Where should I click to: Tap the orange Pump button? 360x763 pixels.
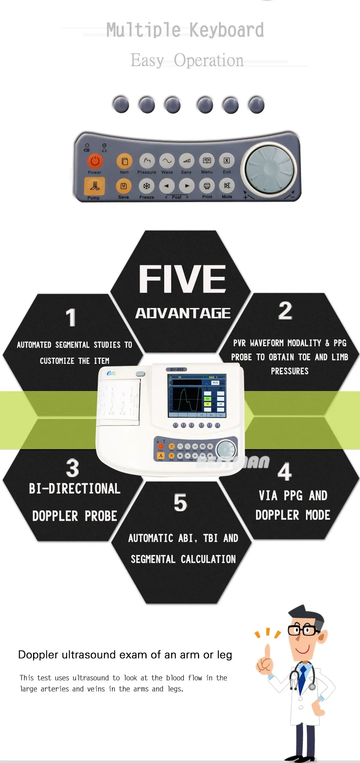[94, 186]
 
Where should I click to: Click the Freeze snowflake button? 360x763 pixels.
[147, 186]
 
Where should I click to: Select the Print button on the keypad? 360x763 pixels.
[207, 186]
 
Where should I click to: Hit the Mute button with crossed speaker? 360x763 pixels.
[227, 186]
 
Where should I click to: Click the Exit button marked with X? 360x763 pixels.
[227, 161]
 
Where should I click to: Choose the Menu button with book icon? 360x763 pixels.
[207, 161]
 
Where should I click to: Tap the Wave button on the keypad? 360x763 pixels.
[167, 161]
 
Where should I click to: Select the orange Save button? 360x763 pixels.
[124, 186]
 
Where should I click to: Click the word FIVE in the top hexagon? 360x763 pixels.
[182, 279]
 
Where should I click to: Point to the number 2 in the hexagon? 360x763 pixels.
[285, 311]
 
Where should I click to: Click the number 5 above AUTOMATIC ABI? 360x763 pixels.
[180, 503]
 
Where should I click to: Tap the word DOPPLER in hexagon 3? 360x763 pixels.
[55, 516]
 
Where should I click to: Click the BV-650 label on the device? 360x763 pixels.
[177, 369]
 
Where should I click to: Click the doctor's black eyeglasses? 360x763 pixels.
[303, 630]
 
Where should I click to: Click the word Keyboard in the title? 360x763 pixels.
[227, 31]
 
